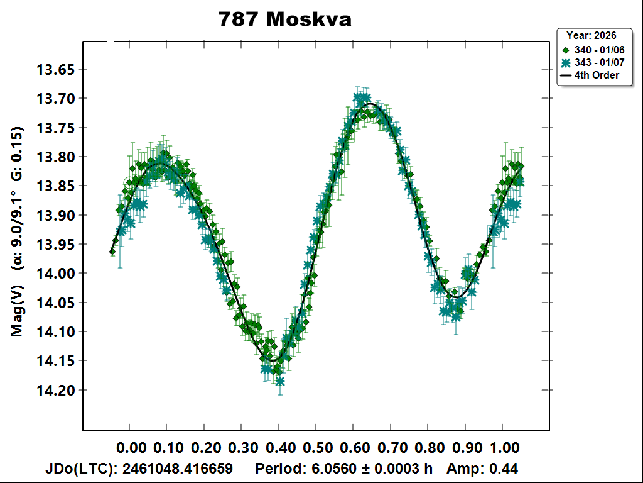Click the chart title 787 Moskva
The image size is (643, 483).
tap(284, 19)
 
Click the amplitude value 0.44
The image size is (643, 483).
tap(506, 469)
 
